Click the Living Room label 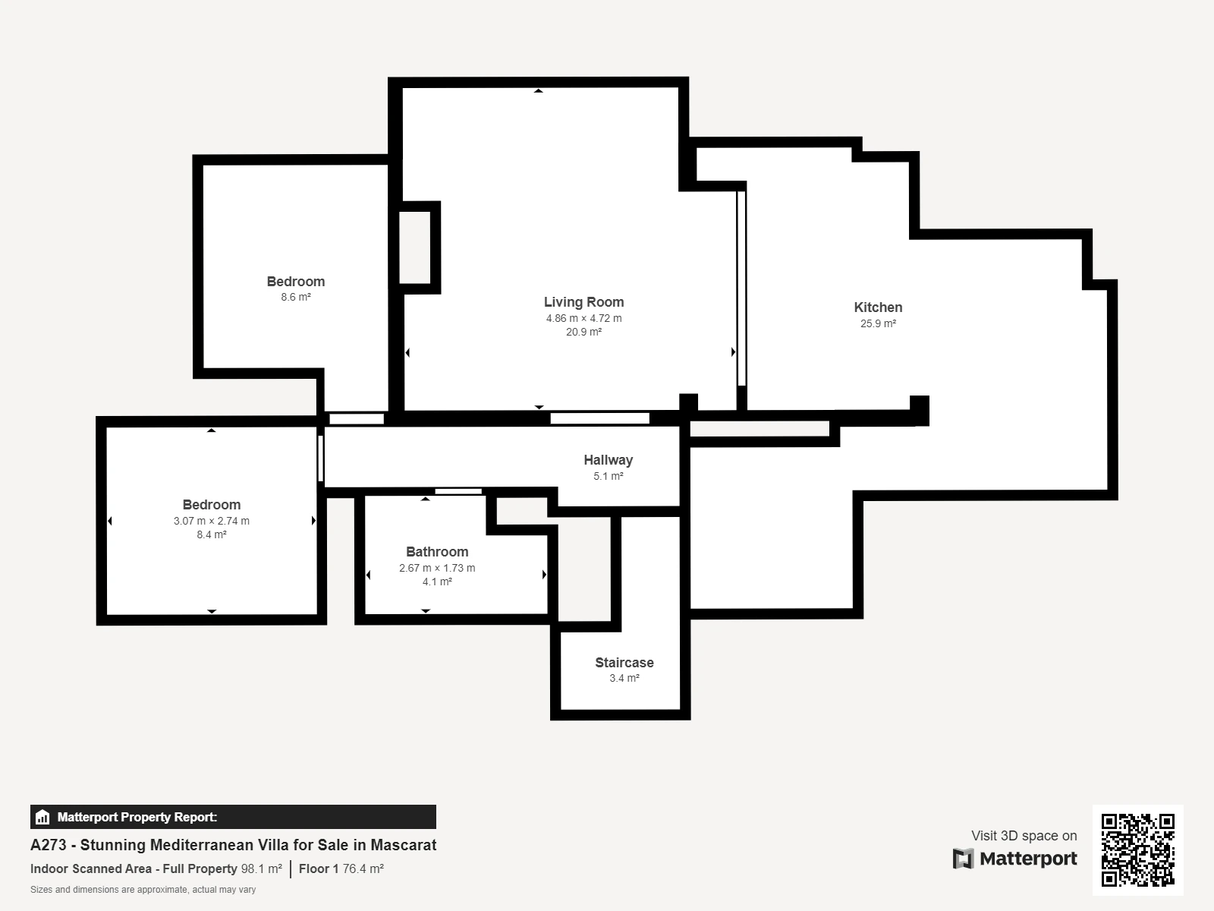tap(583, 302)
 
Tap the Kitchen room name tap(878, 307)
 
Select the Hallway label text tap(608, 460)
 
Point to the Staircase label tap(624, 662)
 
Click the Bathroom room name tap(437, 551)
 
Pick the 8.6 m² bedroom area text tap(296, 297)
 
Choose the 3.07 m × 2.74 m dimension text tap(211, 521)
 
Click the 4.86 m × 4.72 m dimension tap(583, 318)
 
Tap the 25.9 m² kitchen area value tap(878, 323)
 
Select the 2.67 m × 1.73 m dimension tap(437, 568)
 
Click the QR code tap(1137, 850)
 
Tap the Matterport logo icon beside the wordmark tap(963, 859)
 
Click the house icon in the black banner tap(42, 817)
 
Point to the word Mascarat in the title tap(403, 845)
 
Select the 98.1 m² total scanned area tap(262, 868)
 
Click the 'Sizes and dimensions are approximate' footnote tap(143, 890)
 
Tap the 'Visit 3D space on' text tap(1024, 835)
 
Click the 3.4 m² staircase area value tap(624, 678)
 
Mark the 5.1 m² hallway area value tap(608, 476)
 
